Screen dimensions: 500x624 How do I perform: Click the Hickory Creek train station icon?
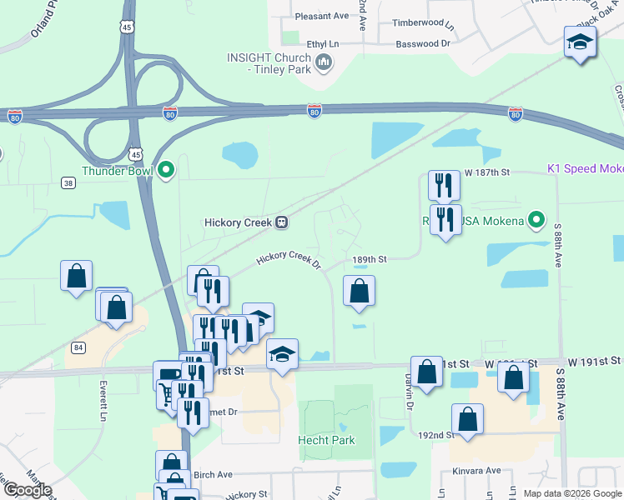tap(283, 222)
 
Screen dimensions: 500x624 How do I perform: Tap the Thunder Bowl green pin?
tap(166, 171)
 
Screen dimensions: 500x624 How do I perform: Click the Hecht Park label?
tap(327, 440)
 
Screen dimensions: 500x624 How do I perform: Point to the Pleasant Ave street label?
tap(322, 15)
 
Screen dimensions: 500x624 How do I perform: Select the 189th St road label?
tap(369, 259)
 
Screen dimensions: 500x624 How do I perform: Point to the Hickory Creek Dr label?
tap(289, 261)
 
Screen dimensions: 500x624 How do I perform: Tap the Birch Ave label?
tap(212, 475)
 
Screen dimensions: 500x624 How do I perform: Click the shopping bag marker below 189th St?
tap(359, 291)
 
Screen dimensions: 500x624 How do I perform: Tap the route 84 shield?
tap(78, 347)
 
